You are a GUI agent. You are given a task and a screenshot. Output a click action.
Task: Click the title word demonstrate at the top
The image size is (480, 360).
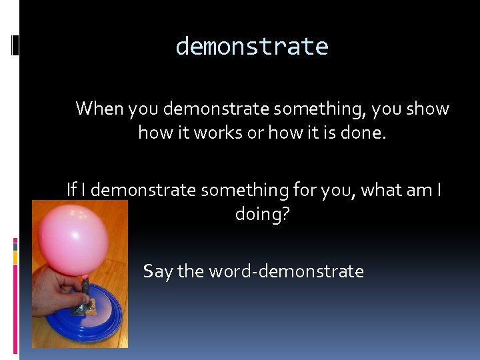click(252, 47)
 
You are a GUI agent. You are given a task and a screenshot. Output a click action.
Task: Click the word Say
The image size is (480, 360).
click(157, 271)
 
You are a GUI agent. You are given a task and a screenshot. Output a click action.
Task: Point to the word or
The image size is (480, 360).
click(255, 133)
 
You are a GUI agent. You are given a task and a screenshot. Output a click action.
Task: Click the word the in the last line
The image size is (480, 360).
click(191, 271)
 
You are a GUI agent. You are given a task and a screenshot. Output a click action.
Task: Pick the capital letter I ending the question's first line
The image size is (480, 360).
click(439, 190)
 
